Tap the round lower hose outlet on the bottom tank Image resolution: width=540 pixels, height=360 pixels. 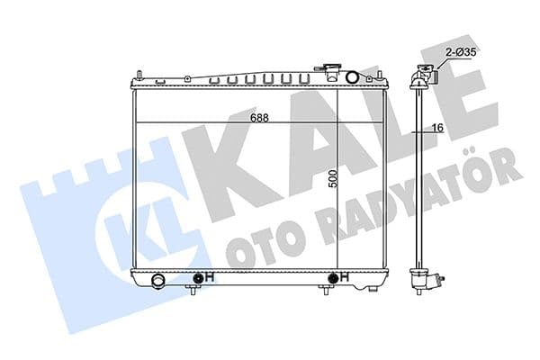pyautogui.click(x=158, y=281)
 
